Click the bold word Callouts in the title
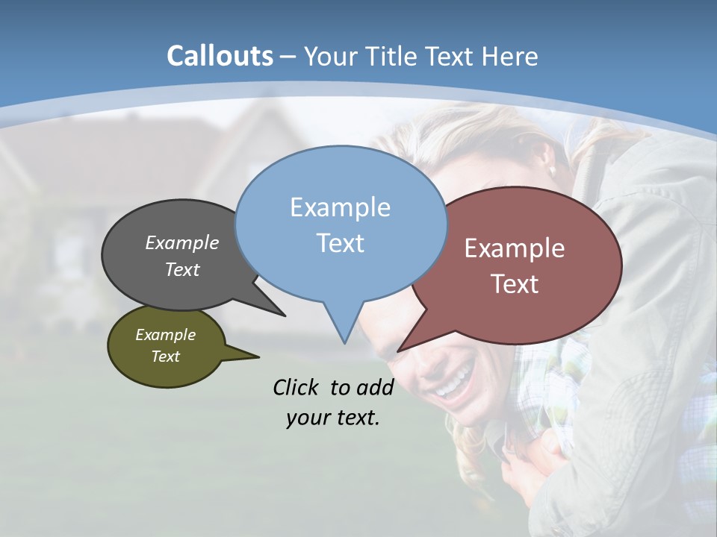coord(220,57)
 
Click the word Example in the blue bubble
coord(340,207)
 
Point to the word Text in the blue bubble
coord(340,243)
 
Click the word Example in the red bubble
coord(515,248)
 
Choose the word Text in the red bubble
coord(515,284)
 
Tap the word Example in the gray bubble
coord(182,243)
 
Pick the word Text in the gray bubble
coord(182,270)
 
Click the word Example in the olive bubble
coord(165,335)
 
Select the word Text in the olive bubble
coord(165,357)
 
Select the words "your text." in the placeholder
coord(333,418)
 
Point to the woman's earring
coord(553,171)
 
